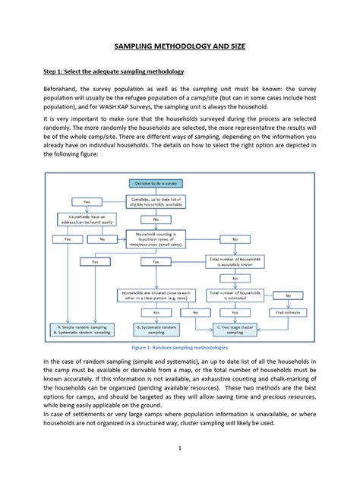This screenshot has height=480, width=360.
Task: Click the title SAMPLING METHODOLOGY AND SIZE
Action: tap(180, 46)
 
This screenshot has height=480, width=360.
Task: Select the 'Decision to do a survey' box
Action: tap(154, 184)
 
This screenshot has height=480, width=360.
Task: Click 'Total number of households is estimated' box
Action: tap(240, 294)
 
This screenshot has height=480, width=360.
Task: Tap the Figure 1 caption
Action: tap(179, 346)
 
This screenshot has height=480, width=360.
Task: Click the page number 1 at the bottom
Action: tap(180, 449)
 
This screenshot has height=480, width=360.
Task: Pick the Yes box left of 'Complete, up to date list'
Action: tap(87, 201)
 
